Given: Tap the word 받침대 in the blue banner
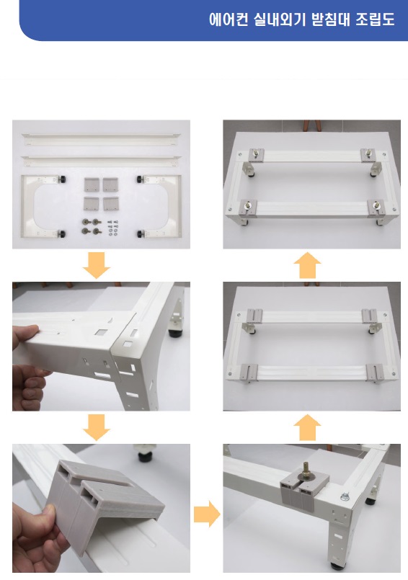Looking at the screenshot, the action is point(330,19).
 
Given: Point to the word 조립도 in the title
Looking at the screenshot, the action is point(375,19).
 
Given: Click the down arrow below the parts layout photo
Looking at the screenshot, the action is point(97,265).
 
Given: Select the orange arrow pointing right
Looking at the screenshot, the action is point(207,514).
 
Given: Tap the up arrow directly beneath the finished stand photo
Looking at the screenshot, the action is point(307,265).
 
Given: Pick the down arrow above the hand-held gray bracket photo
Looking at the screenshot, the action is point(97,427).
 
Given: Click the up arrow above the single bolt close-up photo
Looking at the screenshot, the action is point(307,427).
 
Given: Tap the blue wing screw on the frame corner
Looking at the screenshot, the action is point(345,496).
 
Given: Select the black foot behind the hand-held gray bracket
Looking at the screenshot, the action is point(147,455).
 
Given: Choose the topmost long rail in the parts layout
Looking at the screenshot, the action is point(101,140).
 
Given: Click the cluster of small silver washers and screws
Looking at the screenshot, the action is point(112,228).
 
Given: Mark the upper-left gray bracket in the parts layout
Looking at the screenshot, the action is point(91,184).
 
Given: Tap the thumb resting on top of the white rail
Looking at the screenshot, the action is point(25,331).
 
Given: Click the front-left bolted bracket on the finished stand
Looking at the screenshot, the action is point(248,208).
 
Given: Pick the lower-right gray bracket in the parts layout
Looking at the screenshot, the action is point(111,203).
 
